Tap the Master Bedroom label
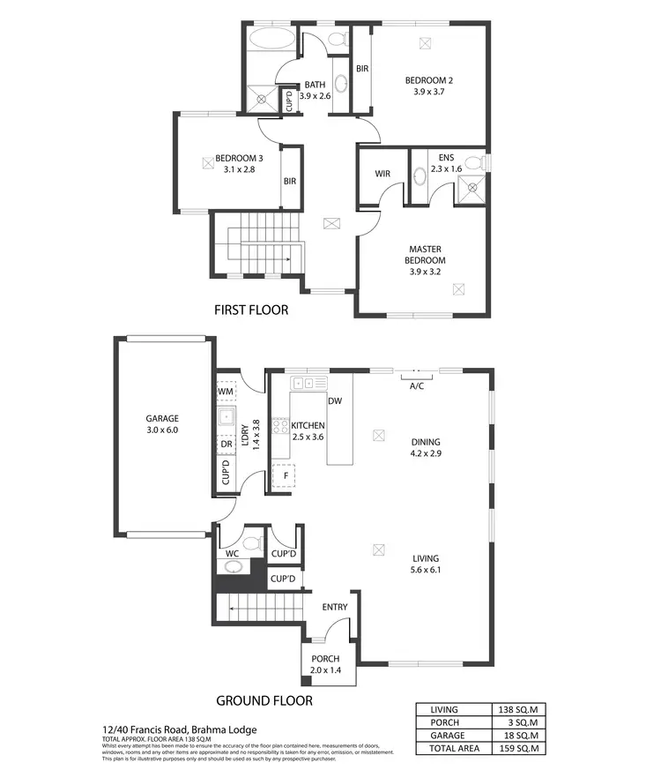425,255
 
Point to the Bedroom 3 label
239,158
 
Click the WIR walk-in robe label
382,174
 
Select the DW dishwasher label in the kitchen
334,401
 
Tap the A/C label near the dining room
418,385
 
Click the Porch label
325,660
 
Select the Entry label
335,607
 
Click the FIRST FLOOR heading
251,310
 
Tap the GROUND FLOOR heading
264,701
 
